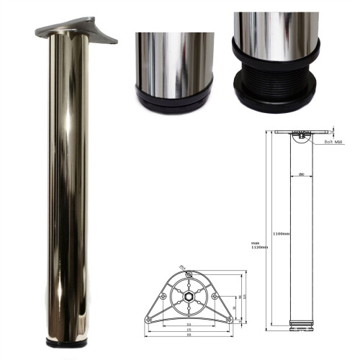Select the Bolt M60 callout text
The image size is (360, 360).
pos(333,142)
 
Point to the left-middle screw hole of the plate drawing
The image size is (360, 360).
pos(165,296)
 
